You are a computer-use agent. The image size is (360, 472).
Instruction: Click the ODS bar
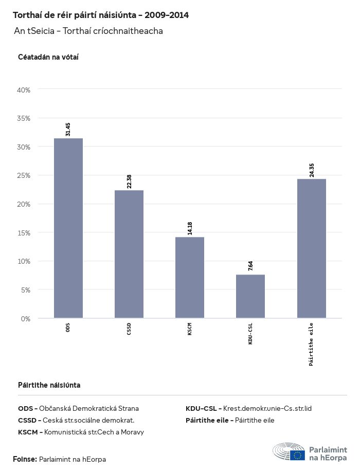(68, 228)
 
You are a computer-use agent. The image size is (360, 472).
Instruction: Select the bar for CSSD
(129, 254)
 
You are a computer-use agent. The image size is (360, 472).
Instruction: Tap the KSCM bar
(190, 278)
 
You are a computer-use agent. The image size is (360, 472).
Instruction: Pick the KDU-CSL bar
(250, 296)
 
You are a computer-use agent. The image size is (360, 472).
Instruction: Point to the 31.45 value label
(68, 129)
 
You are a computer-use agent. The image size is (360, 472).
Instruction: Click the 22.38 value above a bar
(129, 181)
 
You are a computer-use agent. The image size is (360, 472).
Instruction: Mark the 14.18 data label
(190, 228)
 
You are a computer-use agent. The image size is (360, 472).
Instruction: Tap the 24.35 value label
(312, 170)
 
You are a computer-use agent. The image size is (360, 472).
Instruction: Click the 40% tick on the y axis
(24, 90)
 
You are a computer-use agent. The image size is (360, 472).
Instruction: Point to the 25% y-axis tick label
(24, 175)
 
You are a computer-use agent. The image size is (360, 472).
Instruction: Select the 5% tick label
(26, 290)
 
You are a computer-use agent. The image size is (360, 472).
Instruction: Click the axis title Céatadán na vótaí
(48, 57)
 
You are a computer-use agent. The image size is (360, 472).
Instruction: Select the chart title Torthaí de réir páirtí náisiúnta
(100, 15)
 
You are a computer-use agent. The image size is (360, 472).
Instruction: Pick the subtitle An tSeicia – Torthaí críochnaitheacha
(88, 31)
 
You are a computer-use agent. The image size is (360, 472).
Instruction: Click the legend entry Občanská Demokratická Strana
(78, 409)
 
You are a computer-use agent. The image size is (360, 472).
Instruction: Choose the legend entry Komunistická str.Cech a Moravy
(81, 432)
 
